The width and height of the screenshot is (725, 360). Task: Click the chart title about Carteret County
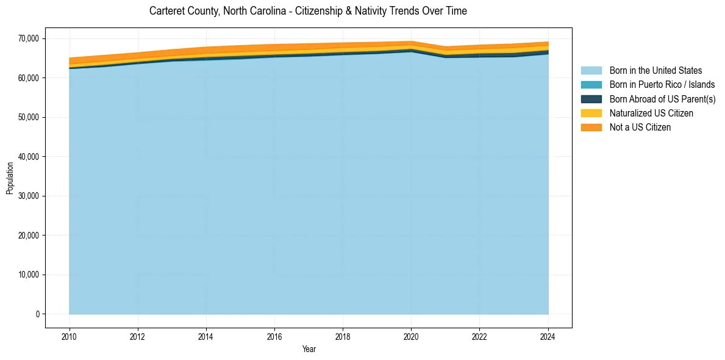click(x=308, y=11)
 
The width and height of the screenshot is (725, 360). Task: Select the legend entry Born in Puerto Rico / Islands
click(x=662, y=85)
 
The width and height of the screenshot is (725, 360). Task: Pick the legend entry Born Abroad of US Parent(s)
click(x=662, y=99)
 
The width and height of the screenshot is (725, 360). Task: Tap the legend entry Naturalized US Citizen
click(x=651, y=113)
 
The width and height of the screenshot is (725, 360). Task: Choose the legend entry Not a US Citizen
click(x=640, y=128)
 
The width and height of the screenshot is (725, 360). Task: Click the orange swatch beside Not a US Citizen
click(x=591, y=128)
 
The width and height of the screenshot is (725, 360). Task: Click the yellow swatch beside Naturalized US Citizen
click(x=591, y=113)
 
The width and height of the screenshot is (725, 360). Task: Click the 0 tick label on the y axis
click(x=37, y=314)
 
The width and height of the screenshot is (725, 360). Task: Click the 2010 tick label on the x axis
click(x=70, y=336)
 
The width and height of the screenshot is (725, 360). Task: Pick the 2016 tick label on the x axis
click(x=274, y=336)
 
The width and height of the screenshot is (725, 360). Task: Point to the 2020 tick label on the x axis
click(x=411, y=336)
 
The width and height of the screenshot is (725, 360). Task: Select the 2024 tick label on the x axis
click(x=548, y=336)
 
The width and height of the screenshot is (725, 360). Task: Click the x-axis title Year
click(x=309, y=350)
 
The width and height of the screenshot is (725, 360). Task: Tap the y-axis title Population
click(x=10, y=178)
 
